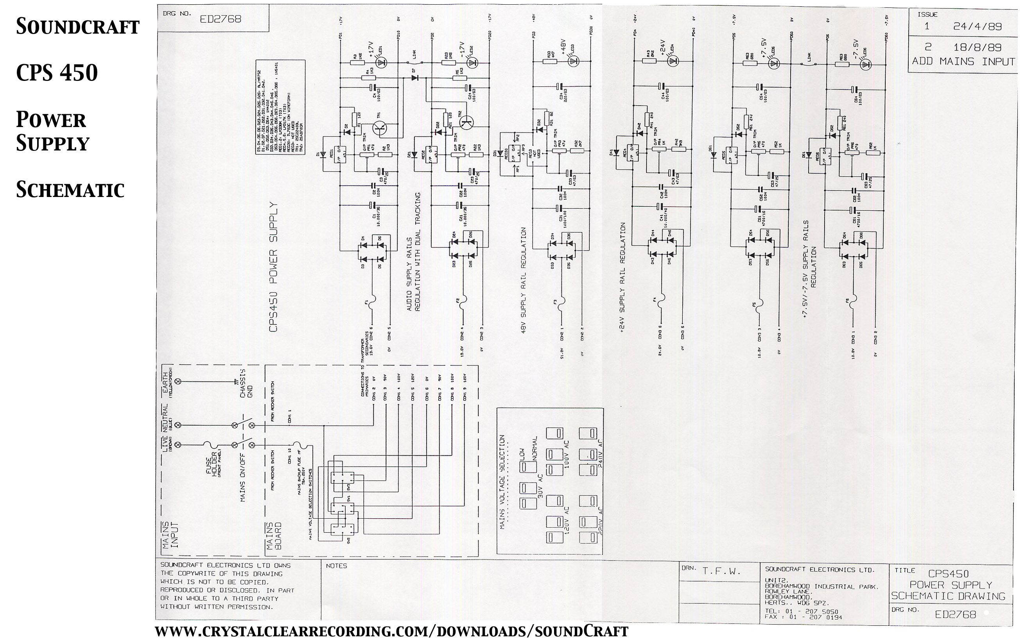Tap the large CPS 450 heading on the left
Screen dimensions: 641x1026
pyautogui.click(x=57, y=73)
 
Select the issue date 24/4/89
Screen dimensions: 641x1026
pyautogui.click(x=977, y=26)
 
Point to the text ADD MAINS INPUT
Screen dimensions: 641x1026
pyautogui.click(x=963, y=61)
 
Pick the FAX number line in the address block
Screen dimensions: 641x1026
pyautogui.click(x=804, y=617)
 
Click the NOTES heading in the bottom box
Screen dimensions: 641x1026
pyautogui.click(x=336, y=566)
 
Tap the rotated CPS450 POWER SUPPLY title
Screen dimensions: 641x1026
pyautogui.click(x=273, y=267)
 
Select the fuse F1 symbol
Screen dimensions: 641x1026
pyautogui.click(x=372, y=302)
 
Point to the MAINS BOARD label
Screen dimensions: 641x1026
pyautogui.click(x=273, y=536)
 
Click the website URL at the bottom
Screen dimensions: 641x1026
pyautogui.click(x=391, y=631)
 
